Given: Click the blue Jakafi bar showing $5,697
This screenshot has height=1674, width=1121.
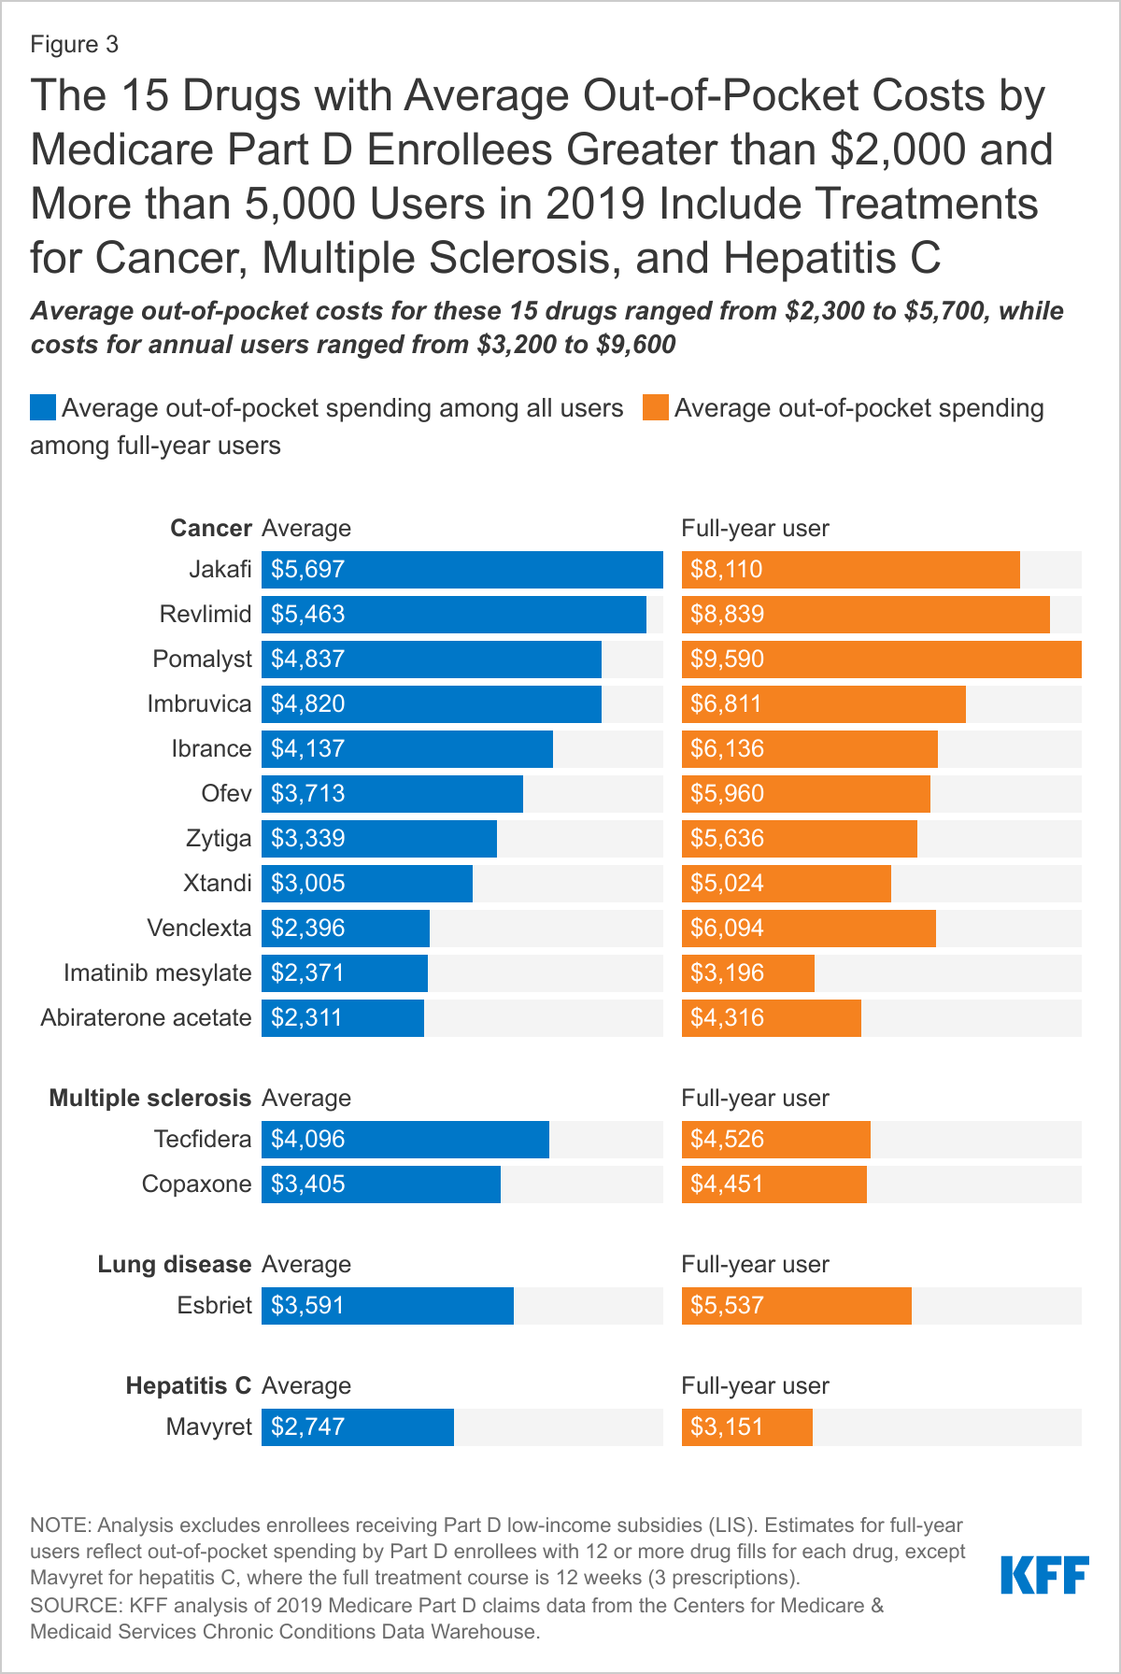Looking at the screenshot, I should tap(461, 570).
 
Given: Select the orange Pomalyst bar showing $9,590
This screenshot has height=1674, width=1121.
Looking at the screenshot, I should tap(881, 660).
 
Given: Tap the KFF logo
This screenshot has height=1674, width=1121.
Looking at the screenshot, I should tap(1044, 1575).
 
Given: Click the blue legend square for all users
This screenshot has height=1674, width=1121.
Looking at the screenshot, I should tap(43, 408).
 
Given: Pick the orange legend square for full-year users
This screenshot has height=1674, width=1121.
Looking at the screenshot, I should tap(656, 408).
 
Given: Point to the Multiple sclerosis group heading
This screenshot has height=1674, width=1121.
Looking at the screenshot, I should tap(149, 1098).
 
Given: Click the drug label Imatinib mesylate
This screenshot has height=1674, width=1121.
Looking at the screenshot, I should tap(157, 973).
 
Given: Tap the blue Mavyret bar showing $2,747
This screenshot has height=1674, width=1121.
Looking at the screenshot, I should tap(357, 1427).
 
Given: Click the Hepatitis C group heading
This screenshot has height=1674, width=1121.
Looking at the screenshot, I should tap(188, 1385).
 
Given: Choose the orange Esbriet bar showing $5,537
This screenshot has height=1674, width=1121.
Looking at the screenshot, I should tap(796, 1306).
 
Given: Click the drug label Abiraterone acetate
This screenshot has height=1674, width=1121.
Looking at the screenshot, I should tap(146, 1018).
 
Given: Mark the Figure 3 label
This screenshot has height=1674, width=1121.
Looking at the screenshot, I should tap(74, 45).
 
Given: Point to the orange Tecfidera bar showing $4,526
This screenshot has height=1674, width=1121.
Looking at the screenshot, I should tap(775, 1140).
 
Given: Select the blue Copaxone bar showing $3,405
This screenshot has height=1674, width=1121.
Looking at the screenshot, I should tap(380, 1185).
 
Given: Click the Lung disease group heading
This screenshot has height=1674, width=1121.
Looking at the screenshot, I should tap(174, 1264).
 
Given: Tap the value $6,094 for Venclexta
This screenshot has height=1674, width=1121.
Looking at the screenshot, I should tap(727, 929).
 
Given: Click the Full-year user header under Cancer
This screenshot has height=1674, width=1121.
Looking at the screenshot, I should tap(755, 529).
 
